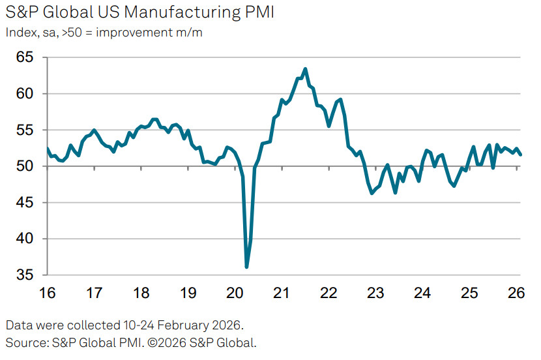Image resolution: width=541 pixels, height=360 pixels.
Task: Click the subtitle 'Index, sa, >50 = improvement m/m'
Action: (x=104, y=32)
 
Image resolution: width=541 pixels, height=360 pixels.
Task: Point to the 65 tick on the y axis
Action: (x=25, y=57)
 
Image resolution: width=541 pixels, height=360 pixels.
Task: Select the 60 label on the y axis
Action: (x=25, y=94)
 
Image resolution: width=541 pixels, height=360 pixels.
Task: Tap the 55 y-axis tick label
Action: (x=25, y=130)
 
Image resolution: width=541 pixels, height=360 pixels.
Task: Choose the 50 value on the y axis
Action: (x=25, y=166)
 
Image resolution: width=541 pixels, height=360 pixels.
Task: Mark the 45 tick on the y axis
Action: (x=25, y=203)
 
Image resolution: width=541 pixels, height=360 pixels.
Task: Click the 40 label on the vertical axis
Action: (x=25, y=239)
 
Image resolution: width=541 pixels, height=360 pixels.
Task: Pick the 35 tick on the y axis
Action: (x=25, y=275)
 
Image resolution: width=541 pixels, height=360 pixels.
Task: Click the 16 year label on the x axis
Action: (x=48, y=293)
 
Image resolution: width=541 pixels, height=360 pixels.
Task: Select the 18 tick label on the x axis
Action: (x=141, y=293)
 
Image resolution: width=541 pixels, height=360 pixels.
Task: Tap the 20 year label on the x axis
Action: (x=235, y=293)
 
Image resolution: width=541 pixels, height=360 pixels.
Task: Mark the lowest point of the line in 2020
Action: (x=246, y=267)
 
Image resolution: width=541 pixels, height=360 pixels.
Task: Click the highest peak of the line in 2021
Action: (x=305, y=68)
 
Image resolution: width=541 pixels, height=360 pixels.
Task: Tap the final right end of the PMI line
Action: (x=520, y=155)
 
